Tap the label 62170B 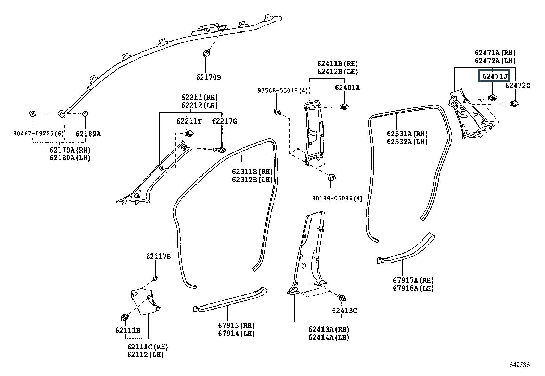pos(208,77)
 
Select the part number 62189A pos(88,134)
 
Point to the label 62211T pos(189,121)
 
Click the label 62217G pos(224,121)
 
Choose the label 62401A pos(347,87)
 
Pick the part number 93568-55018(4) pos(283,90)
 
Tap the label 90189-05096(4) pos(337,198)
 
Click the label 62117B pos(159,256)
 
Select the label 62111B pos(128,330)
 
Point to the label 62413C pos(344,311)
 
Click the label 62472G pos(518,86)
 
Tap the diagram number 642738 pos(519,365)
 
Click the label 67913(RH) pos(236,325)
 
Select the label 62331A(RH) pos(407,134)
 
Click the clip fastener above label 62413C pos(342,297)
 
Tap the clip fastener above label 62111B pos(125,317)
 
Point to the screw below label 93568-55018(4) pos(278,112)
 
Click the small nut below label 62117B pos(155,278)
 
